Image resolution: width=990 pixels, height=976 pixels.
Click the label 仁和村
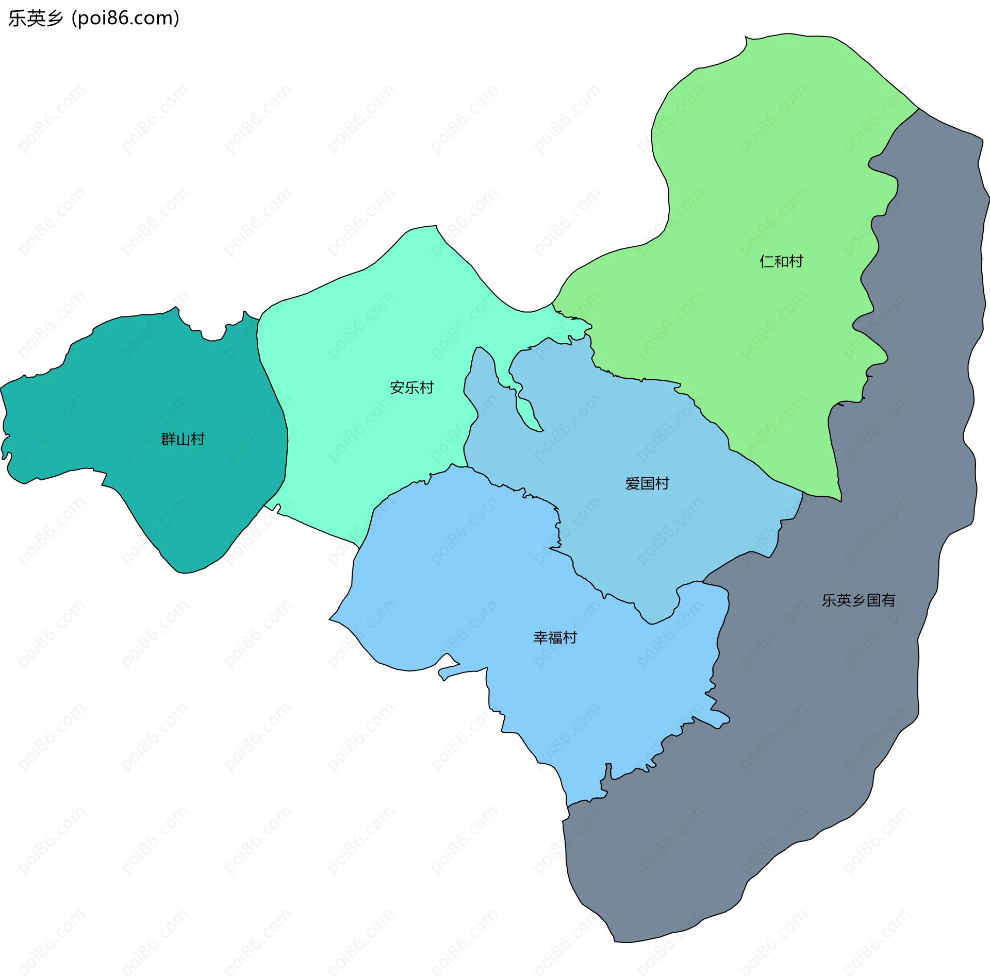coord(781,261)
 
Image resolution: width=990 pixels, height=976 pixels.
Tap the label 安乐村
coord(411,388)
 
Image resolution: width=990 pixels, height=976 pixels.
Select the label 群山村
coord(183,439)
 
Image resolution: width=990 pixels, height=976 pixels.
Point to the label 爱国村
coord(647,483)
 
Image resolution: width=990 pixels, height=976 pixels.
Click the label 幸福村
coord(555,637)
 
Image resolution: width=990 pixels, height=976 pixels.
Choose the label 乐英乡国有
coord(859,600)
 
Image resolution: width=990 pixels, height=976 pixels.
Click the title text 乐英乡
coord(35,18)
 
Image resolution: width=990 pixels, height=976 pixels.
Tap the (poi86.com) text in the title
coord(125,18)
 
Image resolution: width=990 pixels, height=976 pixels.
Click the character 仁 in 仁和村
coord(767,261)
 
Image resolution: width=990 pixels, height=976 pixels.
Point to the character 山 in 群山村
coord(183,439)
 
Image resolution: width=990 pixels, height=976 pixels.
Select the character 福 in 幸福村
coord(555,637)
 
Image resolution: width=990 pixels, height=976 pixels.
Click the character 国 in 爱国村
coord(647,483)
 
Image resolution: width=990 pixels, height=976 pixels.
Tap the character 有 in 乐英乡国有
coord(888,600)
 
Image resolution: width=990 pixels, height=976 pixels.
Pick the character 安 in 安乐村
coord(397,388)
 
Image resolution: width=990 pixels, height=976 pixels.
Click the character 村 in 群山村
coord(197,439)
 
